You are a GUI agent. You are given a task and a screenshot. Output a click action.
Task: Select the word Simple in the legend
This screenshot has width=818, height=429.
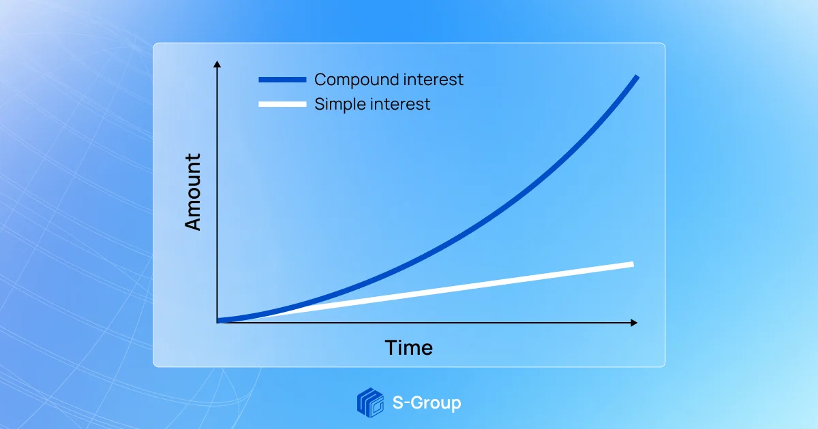(x=339, y=105)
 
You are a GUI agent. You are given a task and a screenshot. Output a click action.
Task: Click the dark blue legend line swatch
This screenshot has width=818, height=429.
(x=282, y=80)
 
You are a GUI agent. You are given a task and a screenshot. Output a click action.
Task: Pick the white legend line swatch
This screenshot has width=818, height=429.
(x=282, y=104)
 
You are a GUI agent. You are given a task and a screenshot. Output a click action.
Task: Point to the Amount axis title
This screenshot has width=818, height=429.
(x=194, y=192)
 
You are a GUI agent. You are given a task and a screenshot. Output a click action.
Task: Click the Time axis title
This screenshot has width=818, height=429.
(x=408, y=348)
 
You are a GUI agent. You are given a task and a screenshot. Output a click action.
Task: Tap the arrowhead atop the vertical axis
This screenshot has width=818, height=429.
(x=217, y=64)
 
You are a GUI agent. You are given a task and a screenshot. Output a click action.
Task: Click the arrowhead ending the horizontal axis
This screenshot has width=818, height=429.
(x=634, y=322)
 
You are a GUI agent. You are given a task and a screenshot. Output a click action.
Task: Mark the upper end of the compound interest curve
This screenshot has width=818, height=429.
(x=637, y=77)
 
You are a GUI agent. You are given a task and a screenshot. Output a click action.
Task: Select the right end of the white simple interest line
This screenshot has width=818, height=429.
(x=632, y=264)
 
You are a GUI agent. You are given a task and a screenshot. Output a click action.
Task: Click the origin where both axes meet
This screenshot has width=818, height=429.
(x=217, y=321)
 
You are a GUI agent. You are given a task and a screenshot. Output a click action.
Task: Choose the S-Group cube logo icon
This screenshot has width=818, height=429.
(x=370, y=402)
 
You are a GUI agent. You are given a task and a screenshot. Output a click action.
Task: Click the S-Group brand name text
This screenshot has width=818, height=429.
(x=427, y=402)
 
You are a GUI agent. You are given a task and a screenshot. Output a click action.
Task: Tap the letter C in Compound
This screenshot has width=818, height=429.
(x=320, y=80)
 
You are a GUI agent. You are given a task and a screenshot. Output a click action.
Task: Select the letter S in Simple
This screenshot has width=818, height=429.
(x=319, y=104)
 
